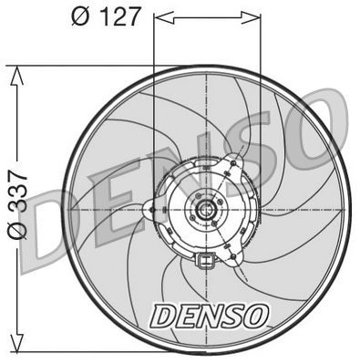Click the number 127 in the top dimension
(x=116, y=17)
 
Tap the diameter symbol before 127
(x=77, y=17)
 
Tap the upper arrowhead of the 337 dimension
(x=15, y=73)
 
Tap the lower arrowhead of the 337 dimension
(x=15, y=347)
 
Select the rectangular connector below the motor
(x=206, y=265)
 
